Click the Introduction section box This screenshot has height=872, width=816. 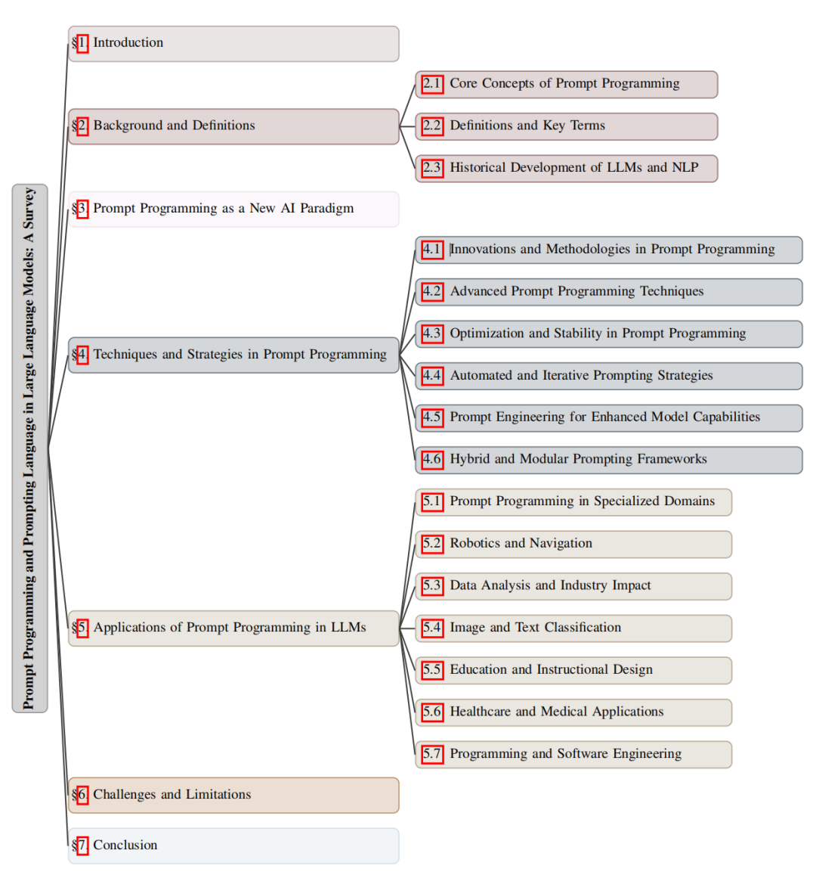(x=233, y=44)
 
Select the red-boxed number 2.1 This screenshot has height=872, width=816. (x=432, y=84)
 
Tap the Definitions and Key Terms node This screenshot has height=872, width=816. (x=566, y=126)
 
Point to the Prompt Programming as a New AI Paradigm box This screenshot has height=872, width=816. (x=233, y=209)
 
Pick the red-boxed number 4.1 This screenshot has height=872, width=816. (x=432, y=250)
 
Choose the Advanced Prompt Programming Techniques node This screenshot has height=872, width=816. (x=608, y=292)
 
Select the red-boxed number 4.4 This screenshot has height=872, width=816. (x=432, y=376)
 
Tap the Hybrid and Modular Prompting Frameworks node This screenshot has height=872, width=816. (x=608, y=460)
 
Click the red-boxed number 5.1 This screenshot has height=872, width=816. (x=432, y=501)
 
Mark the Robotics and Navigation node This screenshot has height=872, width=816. (x=573, y=544)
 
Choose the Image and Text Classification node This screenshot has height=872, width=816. (x=573, y=628)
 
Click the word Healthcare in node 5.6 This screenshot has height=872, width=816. (x=481, y=712)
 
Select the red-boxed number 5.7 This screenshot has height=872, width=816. (x=432, y=754)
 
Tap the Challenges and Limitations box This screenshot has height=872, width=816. (x=233, y=795)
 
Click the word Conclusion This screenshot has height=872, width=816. (x=125, y=846)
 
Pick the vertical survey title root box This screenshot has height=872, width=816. (x=29, y=448)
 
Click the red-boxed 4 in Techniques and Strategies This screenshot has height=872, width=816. (x=82, y=355)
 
